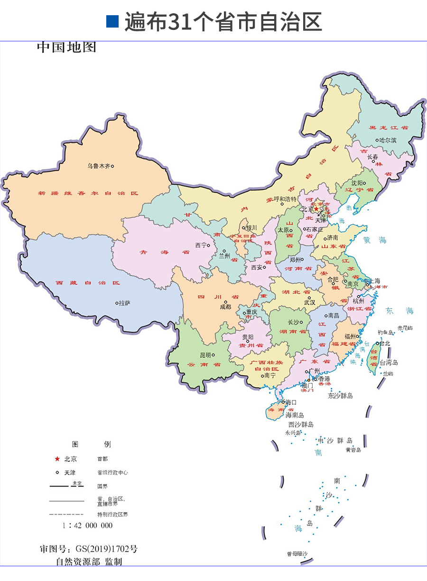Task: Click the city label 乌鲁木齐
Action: pos(98,166)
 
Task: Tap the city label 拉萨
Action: pos(124,303)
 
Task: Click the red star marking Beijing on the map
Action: pos(316,209)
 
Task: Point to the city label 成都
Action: pos(225,307)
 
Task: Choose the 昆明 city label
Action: pos(205,355)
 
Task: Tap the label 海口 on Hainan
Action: pos(291,402)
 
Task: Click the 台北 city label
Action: pos(386,343)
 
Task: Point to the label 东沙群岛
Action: pos(340,395)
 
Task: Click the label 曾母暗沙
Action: pos(297,554)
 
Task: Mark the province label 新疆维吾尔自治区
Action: pos(88,193)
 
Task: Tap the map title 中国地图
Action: pos(66,48)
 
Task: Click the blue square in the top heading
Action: pos(112,21)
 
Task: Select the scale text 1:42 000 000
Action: pos(87,525)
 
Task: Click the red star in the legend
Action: pos(57,459)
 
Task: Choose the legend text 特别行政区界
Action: pos(112,514)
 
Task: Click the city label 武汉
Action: pos(309,302)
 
